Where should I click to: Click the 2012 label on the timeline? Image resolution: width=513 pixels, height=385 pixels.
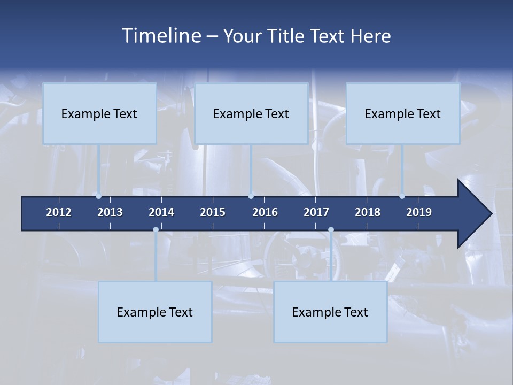59,212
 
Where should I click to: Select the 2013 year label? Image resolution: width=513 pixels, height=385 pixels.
110,212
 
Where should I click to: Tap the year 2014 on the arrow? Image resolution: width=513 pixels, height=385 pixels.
161,212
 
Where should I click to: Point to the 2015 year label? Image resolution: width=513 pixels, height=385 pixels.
213,212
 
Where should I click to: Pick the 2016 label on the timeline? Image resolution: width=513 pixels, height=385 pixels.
265,212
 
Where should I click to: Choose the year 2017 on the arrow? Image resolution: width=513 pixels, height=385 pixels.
316,212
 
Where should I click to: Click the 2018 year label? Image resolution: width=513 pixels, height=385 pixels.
368,212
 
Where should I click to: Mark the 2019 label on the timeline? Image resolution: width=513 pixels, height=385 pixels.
419,212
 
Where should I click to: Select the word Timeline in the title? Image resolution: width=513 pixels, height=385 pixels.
161,36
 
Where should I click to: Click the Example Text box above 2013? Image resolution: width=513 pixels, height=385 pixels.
99,113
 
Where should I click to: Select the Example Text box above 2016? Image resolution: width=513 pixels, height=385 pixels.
251,113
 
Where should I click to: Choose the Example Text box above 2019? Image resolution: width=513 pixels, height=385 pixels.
403,113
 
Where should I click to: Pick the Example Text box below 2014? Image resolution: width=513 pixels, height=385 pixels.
155,312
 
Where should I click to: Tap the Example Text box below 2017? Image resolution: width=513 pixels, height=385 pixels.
330,312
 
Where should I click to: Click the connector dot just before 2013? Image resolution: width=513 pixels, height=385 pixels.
98,196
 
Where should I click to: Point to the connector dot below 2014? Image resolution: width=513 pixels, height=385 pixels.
156,230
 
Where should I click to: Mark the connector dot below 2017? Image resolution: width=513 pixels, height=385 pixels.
331,230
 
